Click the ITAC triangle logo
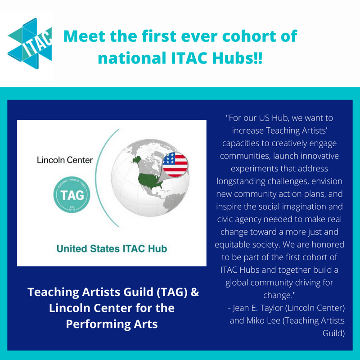coord(30,43)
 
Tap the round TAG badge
coord(72,194)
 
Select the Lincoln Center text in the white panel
coord(65,160)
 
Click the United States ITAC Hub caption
coord(112,249)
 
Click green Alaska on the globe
coord(137,159)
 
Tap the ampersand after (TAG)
coord(195,292)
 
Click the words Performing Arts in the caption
coord(112,324)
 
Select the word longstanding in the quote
coord(241,181)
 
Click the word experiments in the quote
coord(252,169)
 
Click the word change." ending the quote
coord(279,295)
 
